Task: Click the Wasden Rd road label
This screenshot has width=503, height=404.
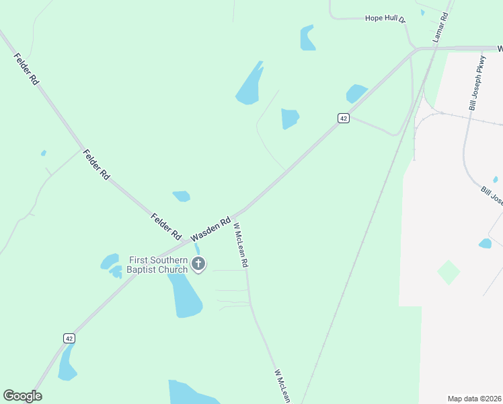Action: [210, 230]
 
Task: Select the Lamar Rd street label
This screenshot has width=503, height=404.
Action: [440, 28]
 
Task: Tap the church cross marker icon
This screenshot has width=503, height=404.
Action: [198, 264]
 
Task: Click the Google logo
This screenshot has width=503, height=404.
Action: [22, 396]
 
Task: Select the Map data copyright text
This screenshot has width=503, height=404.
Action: [475, 399]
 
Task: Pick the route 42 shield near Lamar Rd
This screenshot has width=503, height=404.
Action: [344, 119]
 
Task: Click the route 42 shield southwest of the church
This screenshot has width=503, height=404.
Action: [69, 338]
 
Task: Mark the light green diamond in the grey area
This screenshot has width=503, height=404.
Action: [449, 272]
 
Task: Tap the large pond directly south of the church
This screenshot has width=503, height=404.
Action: [186, 296]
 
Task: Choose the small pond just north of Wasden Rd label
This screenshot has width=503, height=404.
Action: [182, 196]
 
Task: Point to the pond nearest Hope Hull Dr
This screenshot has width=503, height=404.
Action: [308, 38]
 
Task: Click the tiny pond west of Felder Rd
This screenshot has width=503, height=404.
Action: [44, 153]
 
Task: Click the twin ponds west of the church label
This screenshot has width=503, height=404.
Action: [110, 265]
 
